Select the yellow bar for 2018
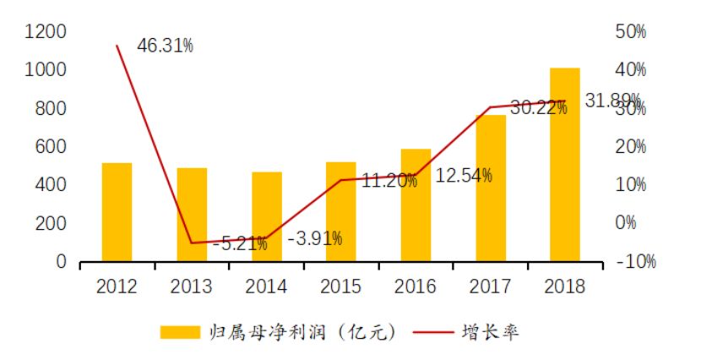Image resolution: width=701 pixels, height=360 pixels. [565, 165]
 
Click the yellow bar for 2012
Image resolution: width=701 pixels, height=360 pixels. [117, 212]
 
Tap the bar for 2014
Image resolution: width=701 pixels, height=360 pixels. [266, 217]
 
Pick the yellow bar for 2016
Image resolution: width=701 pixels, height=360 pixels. [416, 205]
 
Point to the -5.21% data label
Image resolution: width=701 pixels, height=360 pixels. [240, 244]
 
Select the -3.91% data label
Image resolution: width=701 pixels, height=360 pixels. [315, 238]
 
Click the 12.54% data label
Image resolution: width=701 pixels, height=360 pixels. [465, 176]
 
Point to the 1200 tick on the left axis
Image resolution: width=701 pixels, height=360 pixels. [46, 32]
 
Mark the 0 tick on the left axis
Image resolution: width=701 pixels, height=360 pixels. [61, 263]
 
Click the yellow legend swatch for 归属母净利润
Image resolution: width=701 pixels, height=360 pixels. [178, 331]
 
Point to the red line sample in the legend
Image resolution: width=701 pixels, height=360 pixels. [433, 331]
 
